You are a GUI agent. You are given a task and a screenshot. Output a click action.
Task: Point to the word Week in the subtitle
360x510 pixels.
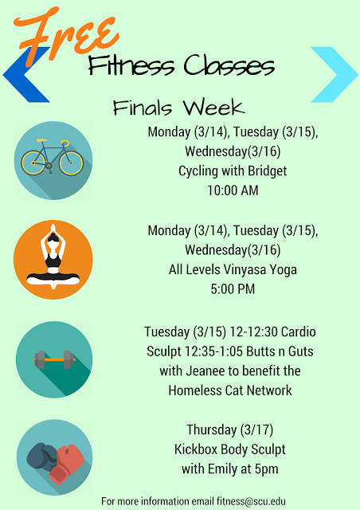[x=213, y=107]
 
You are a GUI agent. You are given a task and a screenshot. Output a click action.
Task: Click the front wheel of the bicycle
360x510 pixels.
[x=71, y=163]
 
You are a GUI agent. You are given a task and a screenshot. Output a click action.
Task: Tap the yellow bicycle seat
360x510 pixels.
[x=42, y=140]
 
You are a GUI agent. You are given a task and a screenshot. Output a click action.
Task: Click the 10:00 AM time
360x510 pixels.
[x=233, y=190]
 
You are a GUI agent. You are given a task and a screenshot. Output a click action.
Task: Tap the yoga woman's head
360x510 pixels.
[x=53, y=238]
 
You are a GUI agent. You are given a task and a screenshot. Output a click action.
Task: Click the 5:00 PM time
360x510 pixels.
[x=233, y=289]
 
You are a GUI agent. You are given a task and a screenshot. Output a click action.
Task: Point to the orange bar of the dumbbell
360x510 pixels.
[x=54, y=359]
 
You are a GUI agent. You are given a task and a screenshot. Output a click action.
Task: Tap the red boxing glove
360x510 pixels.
[x=67, y=463]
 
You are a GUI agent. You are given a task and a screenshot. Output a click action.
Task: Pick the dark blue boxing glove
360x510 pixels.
[x=41, y=456]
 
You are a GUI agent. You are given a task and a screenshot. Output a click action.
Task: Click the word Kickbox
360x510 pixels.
[x=196, y=449]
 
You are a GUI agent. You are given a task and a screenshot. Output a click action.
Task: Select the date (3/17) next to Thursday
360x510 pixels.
[x=256, y=430]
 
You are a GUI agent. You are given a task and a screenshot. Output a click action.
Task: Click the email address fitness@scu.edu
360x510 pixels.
[x=251, y=501]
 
